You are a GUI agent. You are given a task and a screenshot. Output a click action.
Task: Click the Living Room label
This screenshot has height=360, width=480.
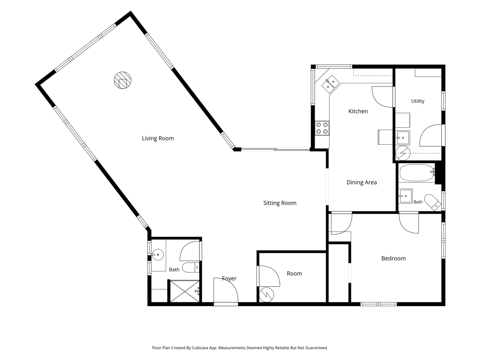click(x=157, y=138)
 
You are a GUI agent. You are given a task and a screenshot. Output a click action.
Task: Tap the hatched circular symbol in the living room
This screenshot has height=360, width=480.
click(x=123, y=80)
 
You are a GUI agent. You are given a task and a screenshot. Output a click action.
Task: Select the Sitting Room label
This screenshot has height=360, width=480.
click(x=280, y=203)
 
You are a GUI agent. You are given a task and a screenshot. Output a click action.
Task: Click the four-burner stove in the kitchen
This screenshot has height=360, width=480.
click(x=322, y=128)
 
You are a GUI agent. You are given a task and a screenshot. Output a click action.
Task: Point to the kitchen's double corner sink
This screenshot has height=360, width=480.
click(x=330, y=84)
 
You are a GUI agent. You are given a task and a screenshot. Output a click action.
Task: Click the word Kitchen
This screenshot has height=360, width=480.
click(x=358, y=111)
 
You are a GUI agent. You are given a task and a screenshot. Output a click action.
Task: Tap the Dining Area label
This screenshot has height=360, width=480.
click(x=362, y=182)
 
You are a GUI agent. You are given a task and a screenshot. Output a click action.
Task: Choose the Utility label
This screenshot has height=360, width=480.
click(x=418, y=101)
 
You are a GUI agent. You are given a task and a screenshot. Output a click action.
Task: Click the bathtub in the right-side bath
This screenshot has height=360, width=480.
click(x=417, y=172)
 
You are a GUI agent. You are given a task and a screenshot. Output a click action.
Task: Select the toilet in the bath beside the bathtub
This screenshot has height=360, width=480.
click(x=433, y=202)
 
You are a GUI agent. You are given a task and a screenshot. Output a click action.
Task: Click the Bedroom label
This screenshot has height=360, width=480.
click(x=393, y=258)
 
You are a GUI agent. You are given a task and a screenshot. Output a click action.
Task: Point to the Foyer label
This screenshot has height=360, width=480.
click(x=229, y=279)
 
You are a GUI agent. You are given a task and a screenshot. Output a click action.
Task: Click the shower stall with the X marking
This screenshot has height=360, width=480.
click(x=184, y=291)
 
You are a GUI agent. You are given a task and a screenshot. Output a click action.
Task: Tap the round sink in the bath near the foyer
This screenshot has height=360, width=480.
click(x=157, y=255)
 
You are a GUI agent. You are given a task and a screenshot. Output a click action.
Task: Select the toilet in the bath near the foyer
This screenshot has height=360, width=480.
click(x=190, y=267)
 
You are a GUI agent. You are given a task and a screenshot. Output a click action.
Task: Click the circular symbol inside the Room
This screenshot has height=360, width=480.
click(x=266, y=295)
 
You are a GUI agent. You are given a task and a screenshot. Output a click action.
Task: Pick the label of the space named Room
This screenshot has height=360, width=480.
click(x=294, y=274)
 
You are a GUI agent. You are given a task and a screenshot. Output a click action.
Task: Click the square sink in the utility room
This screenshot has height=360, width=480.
click(x=402, y=138)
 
